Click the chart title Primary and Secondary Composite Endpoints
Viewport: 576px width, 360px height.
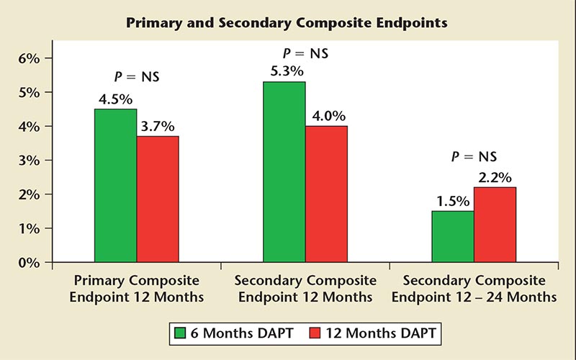tap(287, 23)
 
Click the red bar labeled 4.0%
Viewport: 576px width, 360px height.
tap(326, 194)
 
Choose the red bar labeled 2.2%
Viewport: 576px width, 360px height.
tap(495, 225)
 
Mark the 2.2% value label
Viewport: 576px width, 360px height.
tap(495, 176)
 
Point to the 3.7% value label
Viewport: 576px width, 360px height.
tap(158, 125)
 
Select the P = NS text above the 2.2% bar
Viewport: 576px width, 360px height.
tap(474, 156)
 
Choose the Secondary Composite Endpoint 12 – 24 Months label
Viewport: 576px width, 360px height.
tap(474, 287)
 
